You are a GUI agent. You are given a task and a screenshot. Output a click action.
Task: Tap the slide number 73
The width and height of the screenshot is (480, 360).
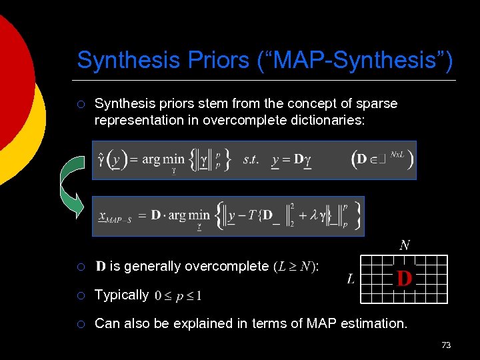point(446,345)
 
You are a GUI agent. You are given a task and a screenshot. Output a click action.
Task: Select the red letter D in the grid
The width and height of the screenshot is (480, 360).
point(404,277)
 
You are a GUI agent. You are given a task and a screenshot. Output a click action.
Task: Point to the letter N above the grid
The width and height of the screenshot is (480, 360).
point(405,245)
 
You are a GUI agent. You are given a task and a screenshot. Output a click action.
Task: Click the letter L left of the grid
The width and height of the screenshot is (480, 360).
point(351,279)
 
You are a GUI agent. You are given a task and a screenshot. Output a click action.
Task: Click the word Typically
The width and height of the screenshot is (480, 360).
point(121,295)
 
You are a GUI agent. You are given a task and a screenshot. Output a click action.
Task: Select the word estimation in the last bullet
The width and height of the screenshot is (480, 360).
point(373,323)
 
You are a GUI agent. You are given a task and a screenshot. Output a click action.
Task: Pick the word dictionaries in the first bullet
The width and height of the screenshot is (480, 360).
point(327,121)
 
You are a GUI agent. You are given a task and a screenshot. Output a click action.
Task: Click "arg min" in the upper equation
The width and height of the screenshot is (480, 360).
point(163,160)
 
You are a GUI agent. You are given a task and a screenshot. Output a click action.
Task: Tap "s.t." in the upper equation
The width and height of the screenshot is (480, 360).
point(251,160)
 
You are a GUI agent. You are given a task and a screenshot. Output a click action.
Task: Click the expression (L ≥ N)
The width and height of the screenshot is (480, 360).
point(296,267)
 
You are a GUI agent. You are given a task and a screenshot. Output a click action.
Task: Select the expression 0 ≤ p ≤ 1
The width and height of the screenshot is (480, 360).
point(178,295)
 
